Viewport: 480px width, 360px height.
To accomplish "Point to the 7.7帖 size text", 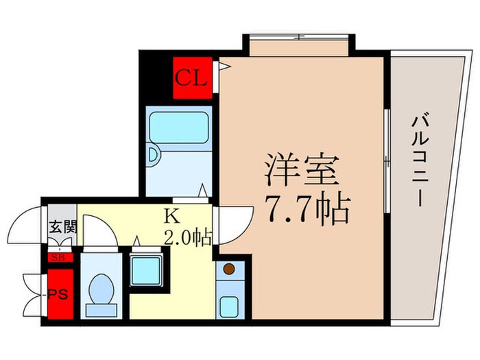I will point(302,205).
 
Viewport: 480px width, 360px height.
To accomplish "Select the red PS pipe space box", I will point(60,295).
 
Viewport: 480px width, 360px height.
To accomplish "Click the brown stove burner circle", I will point(229,269).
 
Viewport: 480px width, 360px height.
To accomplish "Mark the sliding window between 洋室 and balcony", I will point(388,161).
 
